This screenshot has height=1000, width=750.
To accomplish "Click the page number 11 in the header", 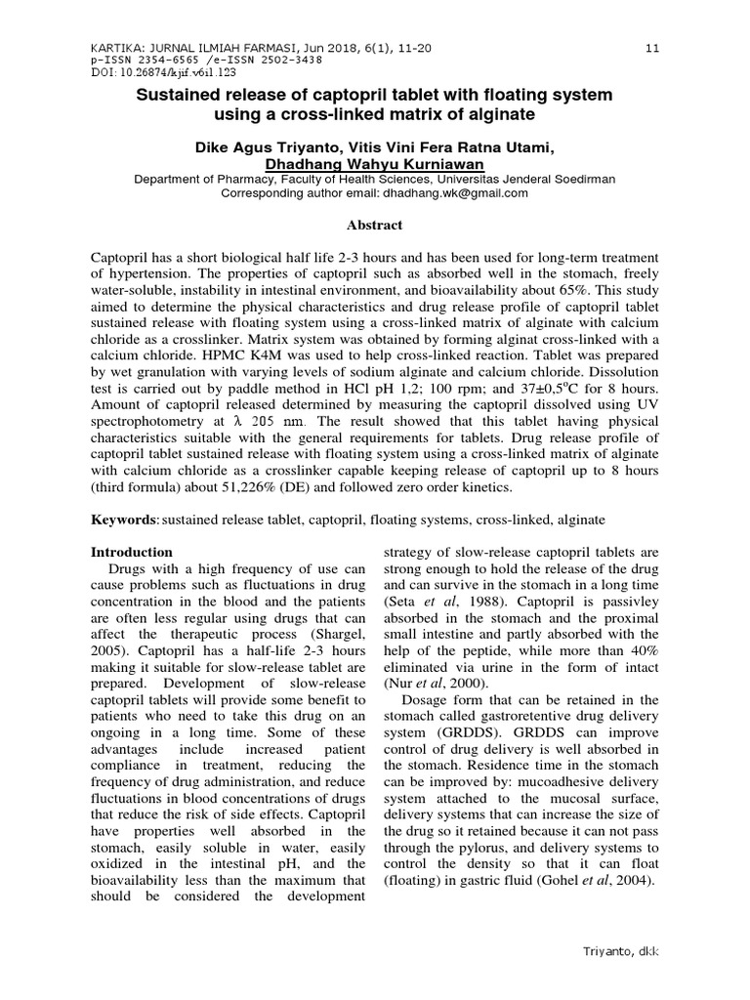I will pos(653,47).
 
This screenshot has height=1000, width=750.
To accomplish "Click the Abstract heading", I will pos(375,225).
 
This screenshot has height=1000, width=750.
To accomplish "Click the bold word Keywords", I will pos(124,521).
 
